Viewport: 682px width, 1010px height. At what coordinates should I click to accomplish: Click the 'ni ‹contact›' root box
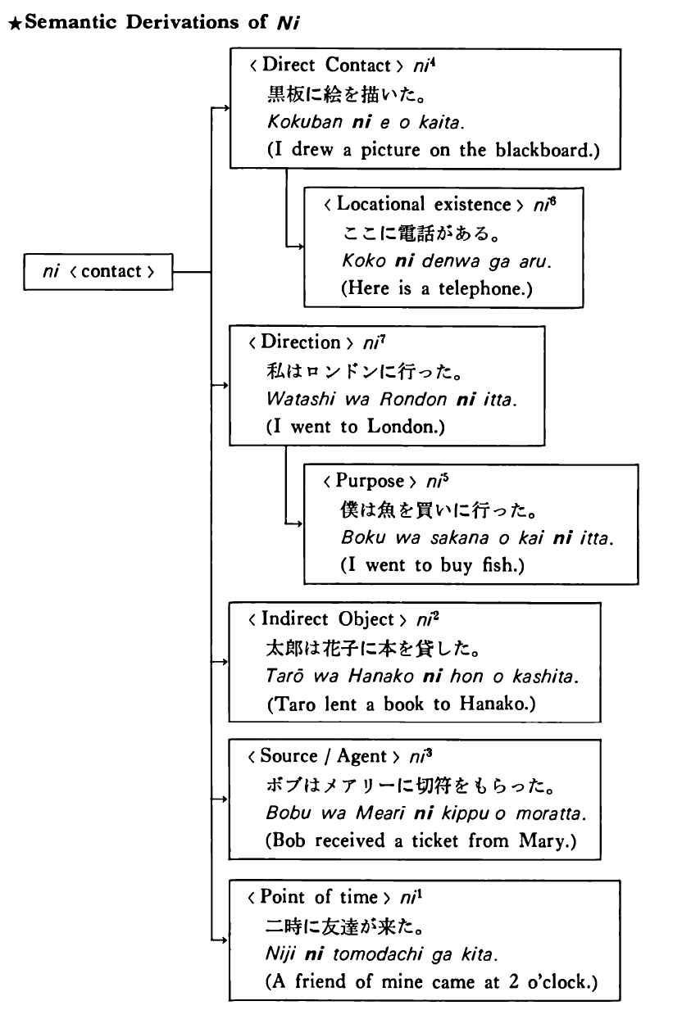(98, 272)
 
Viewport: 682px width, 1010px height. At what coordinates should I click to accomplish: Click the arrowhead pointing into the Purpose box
(299, 523)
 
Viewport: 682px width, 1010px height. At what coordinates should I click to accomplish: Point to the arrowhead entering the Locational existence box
(299, 246)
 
